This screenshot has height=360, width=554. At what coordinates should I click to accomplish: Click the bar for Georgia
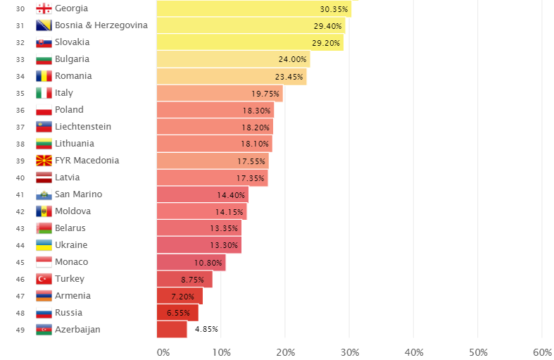253,8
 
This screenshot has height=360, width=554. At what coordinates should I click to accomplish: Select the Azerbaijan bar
172,330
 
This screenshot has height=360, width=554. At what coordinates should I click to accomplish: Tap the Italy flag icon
44,93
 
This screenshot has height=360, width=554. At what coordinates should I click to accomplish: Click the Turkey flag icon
44,279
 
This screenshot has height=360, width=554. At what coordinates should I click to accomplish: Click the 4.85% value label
206,329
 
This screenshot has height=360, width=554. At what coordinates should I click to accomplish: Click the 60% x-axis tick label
542,352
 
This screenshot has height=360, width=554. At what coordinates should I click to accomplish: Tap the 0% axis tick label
163,352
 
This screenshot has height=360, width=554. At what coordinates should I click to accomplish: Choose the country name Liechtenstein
83,127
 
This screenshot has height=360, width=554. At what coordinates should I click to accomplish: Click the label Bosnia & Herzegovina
101,25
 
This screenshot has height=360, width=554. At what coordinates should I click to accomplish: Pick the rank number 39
20,161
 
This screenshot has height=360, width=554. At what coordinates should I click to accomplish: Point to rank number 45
20,263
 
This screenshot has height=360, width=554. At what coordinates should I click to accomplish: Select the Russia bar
177,313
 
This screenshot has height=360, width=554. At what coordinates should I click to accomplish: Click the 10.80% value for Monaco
208,263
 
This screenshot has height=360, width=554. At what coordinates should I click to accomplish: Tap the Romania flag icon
44,76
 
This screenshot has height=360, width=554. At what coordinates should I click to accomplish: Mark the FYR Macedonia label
87,161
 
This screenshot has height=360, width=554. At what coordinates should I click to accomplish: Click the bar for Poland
215,110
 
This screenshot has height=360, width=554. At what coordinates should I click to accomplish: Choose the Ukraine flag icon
44,245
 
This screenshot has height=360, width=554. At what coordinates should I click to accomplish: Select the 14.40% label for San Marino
231,195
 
